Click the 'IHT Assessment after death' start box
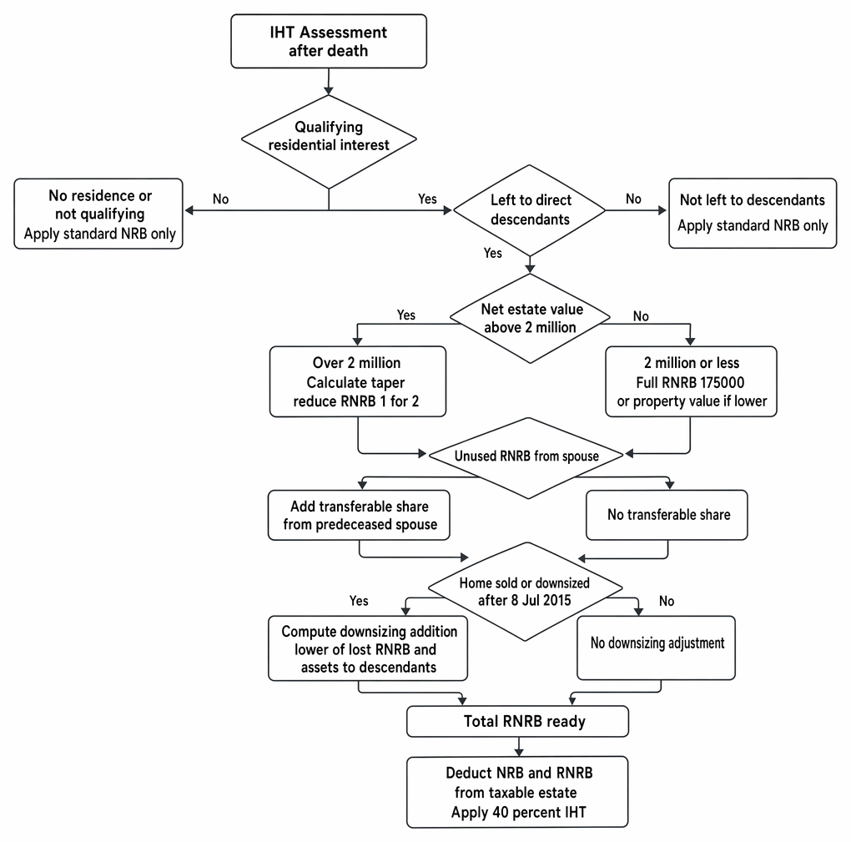click(x=329, y=41)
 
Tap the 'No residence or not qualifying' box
click(x=98, y=214)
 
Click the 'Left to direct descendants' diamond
click(x=529, y=210)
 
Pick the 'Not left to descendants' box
click(x=753, y=214)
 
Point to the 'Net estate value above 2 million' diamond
click(x=530, y=318)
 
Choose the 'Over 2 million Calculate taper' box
click(x=358, y=381)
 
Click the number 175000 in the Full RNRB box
click(x=717, y=382)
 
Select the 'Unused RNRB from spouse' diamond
click(x=526, y=457)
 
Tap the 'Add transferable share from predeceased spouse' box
click(x=359, y=515)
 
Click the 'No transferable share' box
click(x=667, y=515)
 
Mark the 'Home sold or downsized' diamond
click(x=525, y=591)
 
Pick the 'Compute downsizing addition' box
click(x=367, y=648)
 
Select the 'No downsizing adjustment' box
click(x=656, y=648)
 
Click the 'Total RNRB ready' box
click(x=517, y=722)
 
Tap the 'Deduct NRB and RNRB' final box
click(x=517, y=792)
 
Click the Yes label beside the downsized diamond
click(x=359, y=601)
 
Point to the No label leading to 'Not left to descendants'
click(x=633, y=199)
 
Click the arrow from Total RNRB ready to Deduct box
click(x=519, y=747)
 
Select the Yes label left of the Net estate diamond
click(x=406, y=315)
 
